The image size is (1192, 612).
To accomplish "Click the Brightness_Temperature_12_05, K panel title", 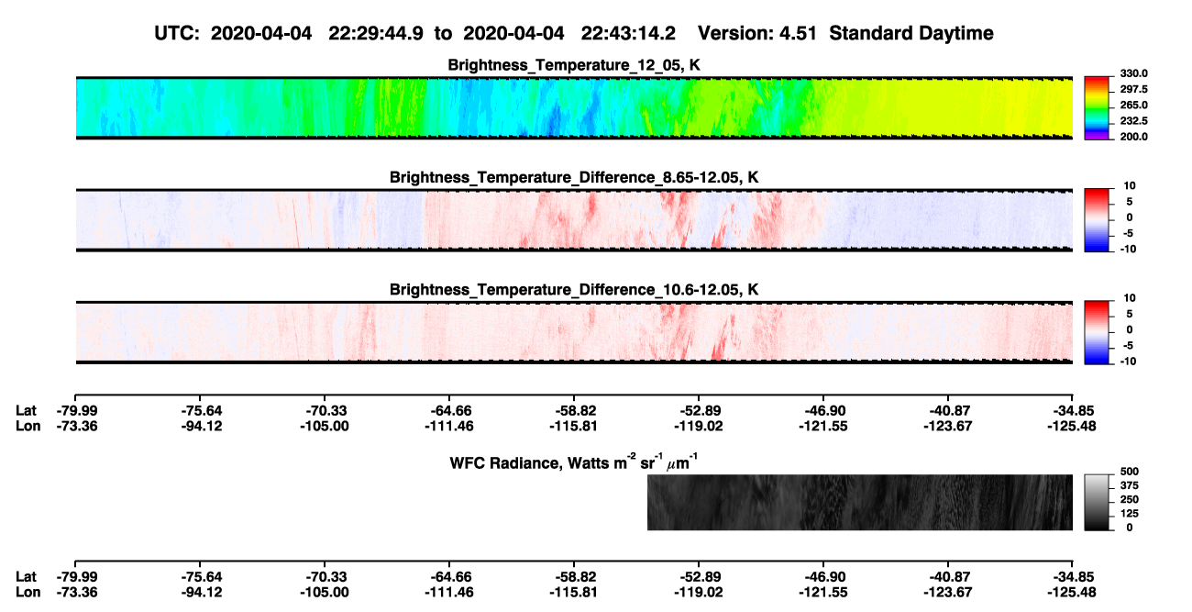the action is coord(574,65).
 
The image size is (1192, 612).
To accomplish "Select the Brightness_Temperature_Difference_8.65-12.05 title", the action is coord(574,177).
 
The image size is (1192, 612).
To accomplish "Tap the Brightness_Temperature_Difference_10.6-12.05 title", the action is coord(574,290).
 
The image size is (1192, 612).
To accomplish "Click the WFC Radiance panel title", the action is coord(574,462).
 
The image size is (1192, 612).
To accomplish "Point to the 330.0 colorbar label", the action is coord(1133,73).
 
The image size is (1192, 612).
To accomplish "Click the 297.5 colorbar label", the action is coord(1133,89).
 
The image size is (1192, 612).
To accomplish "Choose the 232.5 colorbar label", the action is coord(1133,121).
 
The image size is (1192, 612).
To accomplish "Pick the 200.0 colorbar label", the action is coord(1133,137).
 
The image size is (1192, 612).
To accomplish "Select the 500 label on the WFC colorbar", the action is coord(1130,472).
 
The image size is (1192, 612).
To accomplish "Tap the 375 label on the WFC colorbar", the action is coord(1130,485).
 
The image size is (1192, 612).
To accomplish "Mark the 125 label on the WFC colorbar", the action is coord(1130,514).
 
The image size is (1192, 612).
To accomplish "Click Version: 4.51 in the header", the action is coord(756,33).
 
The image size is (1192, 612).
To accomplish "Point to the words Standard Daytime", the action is coord(911,33).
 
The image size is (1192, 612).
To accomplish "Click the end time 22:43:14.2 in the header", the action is coord(628,33).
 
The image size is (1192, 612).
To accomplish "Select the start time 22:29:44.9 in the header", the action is coord(376,33).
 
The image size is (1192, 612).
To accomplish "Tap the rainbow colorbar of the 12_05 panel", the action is coord(1097,108).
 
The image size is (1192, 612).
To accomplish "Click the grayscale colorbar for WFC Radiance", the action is coord(1097,502).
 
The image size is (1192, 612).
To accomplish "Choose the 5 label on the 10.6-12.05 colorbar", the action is coord(1129,314).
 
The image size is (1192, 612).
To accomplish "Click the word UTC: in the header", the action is coord(177,33).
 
